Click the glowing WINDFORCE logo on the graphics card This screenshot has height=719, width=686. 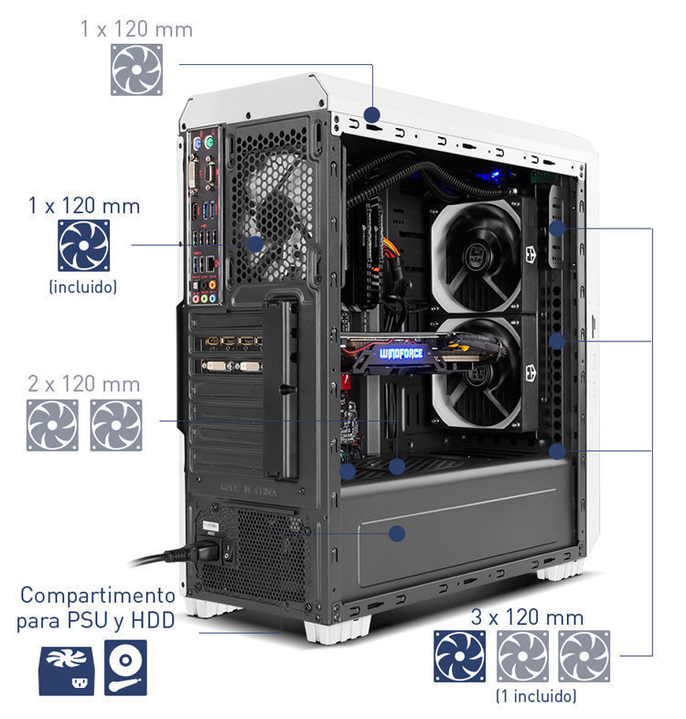(x=401, y=353)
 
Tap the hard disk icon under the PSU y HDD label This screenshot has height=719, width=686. (x=125, y=668)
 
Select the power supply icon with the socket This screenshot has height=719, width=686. (x=67, y=671)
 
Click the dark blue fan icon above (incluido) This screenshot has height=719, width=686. (x=84, y=245)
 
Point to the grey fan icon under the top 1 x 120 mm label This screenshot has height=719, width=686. (x=136, y=70)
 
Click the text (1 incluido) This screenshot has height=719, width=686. (x=536, y=696)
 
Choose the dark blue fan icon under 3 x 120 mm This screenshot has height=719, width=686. (x=459, y=656)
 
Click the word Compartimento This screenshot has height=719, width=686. (x=98, y=596)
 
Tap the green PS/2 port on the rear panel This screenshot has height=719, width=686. (x=209, y=142)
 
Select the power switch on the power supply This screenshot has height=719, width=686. (x=228, y=551)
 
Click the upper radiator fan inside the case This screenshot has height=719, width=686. (x=477, y=256)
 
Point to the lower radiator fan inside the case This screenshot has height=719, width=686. (x=477, y=372)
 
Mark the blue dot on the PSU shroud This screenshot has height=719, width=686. (x=397, y=533)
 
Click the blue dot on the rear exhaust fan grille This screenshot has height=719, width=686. (x=255, y=244)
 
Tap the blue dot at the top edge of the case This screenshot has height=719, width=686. (x=372, y=114)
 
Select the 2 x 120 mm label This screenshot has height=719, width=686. (x=84, y=384)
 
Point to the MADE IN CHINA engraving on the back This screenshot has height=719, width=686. (x=248, y=489)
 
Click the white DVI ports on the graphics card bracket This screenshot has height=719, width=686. (x=232, y=366)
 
